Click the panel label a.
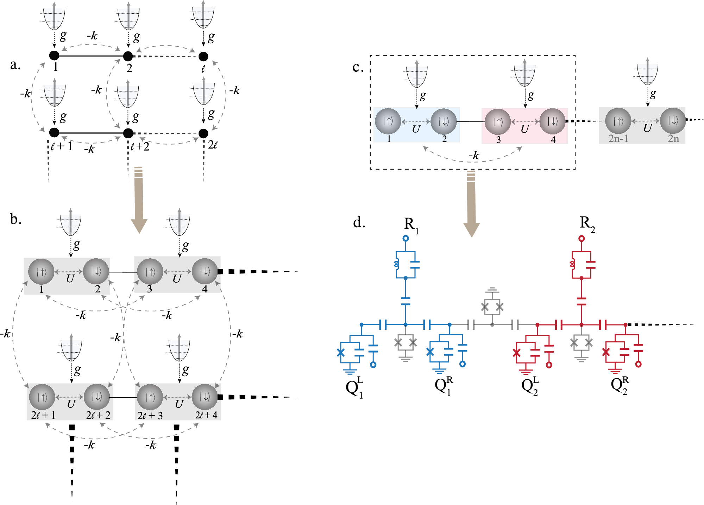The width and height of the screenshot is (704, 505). (x=15, y=65)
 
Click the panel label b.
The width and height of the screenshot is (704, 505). (x=16, y=219)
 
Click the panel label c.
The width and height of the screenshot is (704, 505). (x=358, y=67)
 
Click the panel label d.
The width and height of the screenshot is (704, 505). (x=359, y=222)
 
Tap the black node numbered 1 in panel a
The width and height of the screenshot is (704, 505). (x=54, y=56)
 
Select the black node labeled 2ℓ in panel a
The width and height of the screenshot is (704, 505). (x=203, y=133)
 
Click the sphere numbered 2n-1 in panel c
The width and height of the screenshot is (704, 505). (x=618, y=121)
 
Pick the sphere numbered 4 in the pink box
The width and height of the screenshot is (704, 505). (x=553, y=121)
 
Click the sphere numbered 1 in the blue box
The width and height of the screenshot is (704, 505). (x=388, y=121)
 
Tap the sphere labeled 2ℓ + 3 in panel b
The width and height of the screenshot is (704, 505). (x=150, y=397)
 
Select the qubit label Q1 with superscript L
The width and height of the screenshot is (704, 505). (x=354, y=387)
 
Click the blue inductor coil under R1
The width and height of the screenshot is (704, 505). (x=397, y=264)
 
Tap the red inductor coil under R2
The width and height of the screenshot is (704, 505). (x=572, y=264)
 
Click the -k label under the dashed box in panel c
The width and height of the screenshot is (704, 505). (x=474, y=155)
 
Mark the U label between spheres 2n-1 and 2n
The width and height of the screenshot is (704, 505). (x=647, y=128)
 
